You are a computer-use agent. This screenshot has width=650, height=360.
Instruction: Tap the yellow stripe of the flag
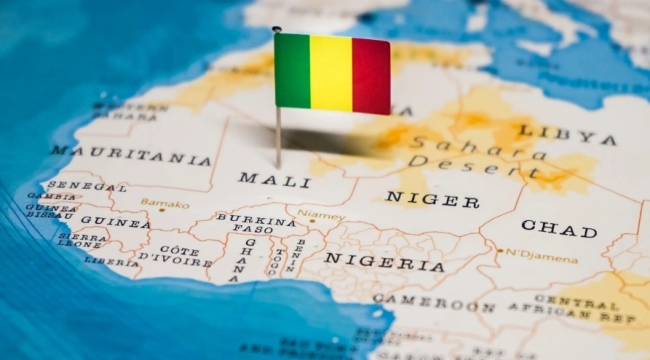(331, 73)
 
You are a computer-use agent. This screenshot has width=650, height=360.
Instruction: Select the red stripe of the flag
(370, 76)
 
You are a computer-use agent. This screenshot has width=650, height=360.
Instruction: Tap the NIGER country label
(432, 199)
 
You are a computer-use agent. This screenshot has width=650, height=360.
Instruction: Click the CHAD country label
(558, 228)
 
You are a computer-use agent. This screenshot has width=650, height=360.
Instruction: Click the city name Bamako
(165, 203)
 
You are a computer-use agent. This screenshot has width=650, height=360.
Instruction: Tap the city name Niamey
(321, 214)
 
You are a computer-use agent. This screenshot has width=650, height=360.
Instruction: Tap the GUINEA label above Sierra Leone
(115, 222)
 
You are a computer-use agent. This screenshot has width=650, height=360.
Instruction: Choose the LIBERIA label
(111, 261)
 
